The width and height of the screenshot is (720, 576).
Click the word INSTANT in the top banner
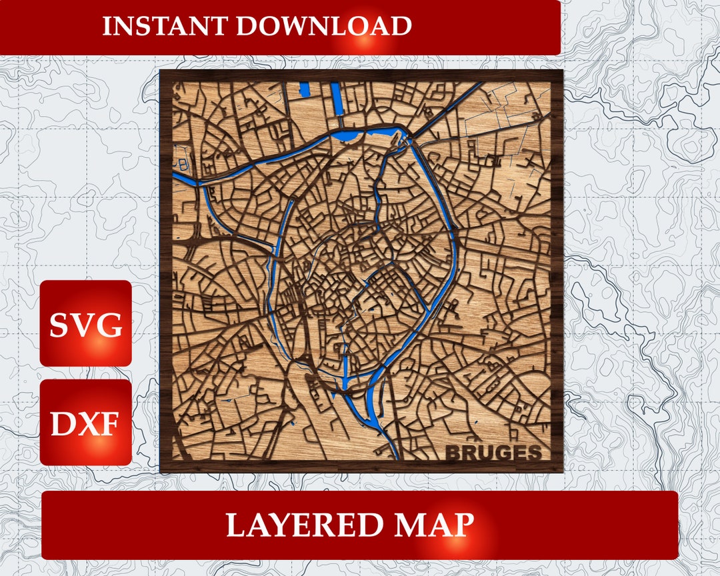pos(165,26)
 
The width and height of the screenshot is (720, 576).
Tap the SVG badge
pos(86,325)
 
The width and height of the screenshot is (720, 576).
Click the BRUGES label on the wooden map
pos(493,453)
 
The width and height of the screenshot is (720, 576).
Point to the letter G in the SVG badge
pos(109,325)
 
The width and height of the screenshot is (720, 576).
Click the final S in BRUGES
pos(533,453)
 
